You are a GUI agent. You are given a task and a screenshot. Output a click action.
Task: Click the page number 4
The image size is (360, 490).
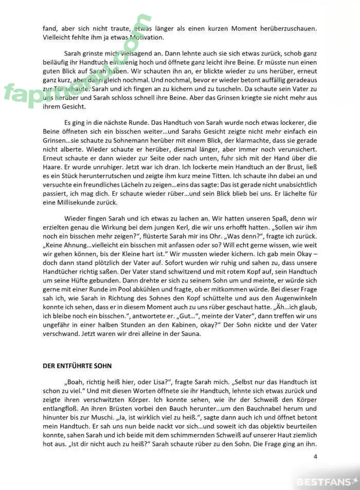315,456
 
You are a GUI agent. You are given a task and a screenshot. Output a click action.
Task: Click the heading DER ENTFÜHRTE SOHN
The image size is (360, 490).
77,366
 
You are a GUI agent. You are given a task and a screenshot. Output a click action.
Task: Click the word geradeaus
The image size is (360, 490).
300,80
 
